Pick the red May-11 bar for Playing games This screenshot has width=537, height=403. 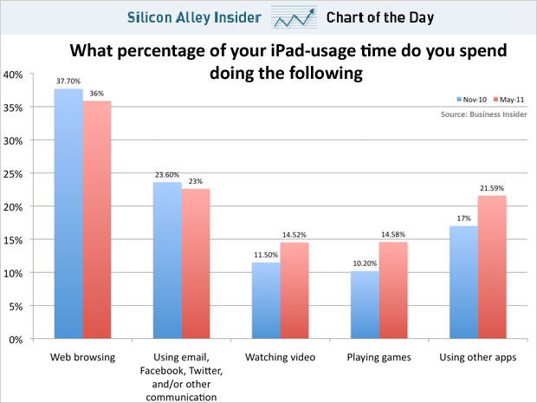tap(391, 290)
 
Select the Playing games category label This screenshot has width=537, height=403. tap(378, 357)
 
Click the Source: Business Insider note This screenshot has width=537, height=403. tap(482, 114)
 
